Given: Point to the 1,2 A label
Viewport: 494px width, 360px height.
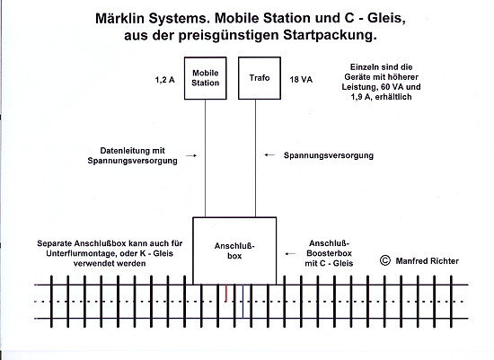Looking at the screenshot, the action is (164, 80).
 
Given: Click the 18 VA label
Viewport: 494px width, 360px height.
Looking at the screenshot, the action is (301, 80).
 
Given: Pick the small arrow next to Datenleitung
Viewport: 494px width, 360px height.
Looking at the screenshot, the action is (191, 155).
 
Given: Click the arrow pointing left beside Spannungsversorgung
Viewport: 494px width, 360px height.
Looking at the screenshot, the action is (269, 155).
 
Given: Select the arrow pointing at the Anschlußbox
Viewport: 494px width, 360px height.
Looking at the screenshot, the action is (290, 253).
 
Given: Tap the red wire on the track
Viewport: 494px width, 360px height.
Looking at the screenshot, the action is (225, 294).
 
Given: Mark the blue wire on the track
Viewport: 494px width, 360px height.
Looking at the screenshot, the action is (243, 302).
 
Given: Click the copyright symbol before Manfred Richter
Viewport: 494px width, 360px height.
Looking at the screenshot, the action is (385, 260).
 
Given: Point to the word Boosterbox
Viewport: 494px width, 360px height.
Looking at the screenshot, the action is (329, 253).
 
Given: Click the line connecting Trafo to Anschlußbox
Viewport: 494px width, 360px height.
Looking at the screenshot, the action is (255, 158).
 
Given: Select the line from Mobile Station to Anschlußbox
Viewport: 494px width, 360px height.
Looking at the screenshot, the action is (205, 158).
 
